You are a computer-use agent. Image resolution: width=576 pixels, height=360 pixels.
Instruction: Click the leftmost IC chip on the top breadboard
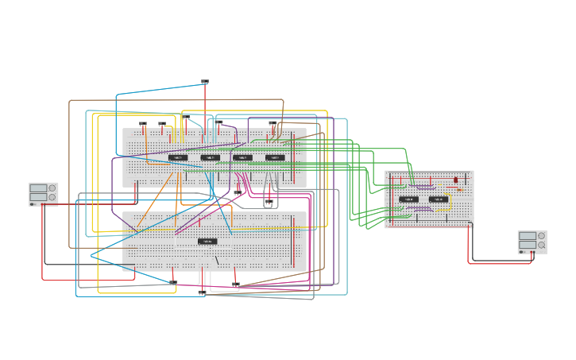tap(178, 157)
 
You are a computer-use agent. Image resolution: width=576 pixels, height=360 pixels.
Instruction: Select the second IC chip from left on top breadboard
tap(210, 157)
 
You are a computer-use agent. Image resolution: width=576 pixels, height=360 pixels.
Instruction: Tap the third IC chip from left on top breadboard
tap(242, 157)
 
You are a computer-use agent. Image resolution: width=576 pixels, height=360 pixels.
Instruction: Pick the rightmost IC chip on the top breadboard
tap(275, 157)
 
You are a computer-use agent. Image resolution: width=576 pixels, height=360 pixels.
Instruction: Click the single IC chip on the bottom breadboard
tap(207, 241)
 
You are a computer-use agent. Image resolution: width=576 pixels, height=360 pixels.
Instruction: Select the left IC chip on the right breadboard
tap(408, 199)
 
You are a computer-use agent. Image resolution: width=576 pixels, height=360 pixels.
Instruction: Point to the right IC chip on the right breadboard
tap(438, 199)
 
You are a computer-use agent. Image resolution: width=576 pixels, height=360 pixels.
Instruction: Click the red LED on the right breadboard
tap(455, 180)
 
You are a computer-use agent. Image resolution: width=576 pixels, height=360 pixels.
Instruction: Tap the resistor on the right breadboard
tap(460, 190)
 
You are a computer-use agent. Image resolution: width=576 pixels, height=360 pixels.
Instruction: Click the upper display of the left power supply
tap(39, 188)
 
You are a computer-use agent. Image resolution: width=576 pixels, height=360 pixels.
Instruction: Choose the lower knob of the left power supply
tap(52, 198)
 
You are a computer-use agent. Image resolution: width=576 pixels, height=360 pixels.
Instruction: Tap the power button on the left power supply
tap(33, 203)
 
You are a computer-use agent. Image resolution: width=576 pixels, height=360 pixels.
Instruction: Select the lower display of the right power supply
tap(528, 246)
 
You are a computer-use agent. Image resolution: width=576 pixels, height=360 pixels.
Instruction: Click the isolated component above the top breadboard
tap(205, 82)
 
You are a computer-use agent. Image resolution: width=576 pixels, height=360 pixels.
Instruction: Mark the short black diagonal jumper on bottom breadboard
tap(216, 260)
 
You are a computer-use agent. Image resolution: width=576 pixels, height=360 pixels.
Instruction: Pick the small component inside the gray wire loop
tap(269, 203)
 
